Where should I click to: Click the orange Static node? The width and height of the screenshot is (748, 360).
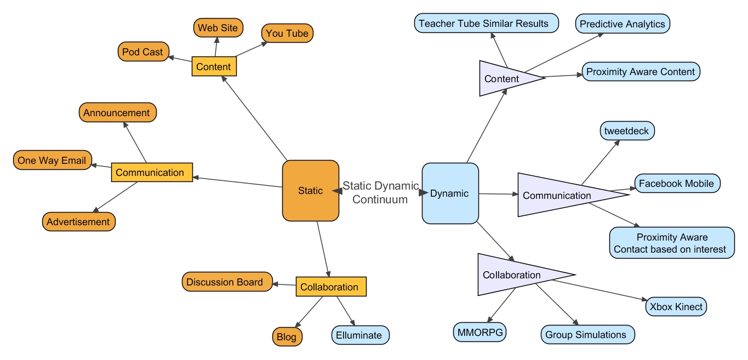coord(310,191)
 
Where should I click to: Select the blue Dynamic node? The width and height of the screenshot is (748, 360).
coord(450,193)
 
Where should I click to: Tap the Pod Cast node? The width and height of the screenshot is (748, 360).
coord(143,52)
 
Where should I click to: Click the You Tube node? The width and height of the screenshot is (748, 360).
coord(287,33)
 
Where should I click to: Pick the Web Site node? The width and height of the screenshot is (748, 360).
coord(218,28)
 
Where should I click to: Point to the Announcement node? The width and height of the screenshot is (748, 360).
coord(117,113)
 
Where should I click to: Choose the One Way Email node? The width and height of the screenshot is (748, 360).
coord(52,161)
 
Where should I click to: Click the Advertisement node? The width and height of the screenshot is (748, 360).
coord(78,222)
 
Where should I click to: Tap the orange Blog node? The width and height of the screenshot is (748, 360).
coord(287,337)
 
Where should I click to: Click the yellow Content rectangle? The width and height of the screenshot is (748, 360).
coord(214,67)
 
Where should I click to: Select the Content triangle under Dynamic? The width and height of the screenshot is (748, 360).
coord(503,78)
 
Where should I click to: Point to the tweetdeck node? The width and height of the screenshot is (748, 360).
coord(627,132)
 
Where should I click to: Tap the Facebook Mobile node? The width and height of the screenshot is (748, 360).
coord(677,184)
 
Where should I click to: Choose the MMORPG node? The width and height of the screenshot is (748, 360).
coord(480,332)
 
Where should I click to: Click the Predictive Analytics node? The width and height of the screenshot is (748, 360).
coord(623,24)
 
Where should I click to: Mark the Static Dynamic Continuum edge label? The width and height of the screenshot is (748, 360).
coord(380,192)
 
